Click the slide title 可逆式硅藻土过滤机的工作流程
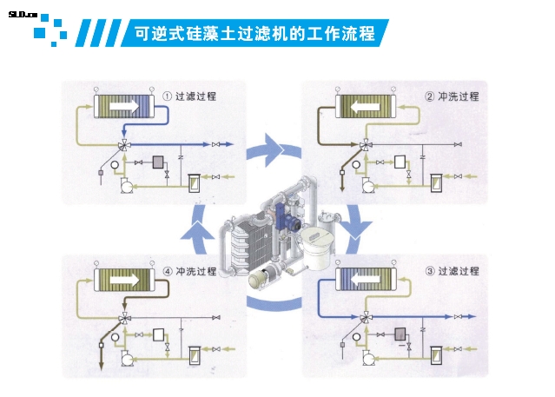coord(254,34)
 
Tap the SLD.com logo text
coord(22,15)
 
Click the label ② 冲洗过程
coord(452,96)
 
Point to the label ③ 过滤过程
coord(452,271)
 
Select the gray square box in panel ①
coord(158,162)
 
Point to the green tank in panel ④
coord(195,354)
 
